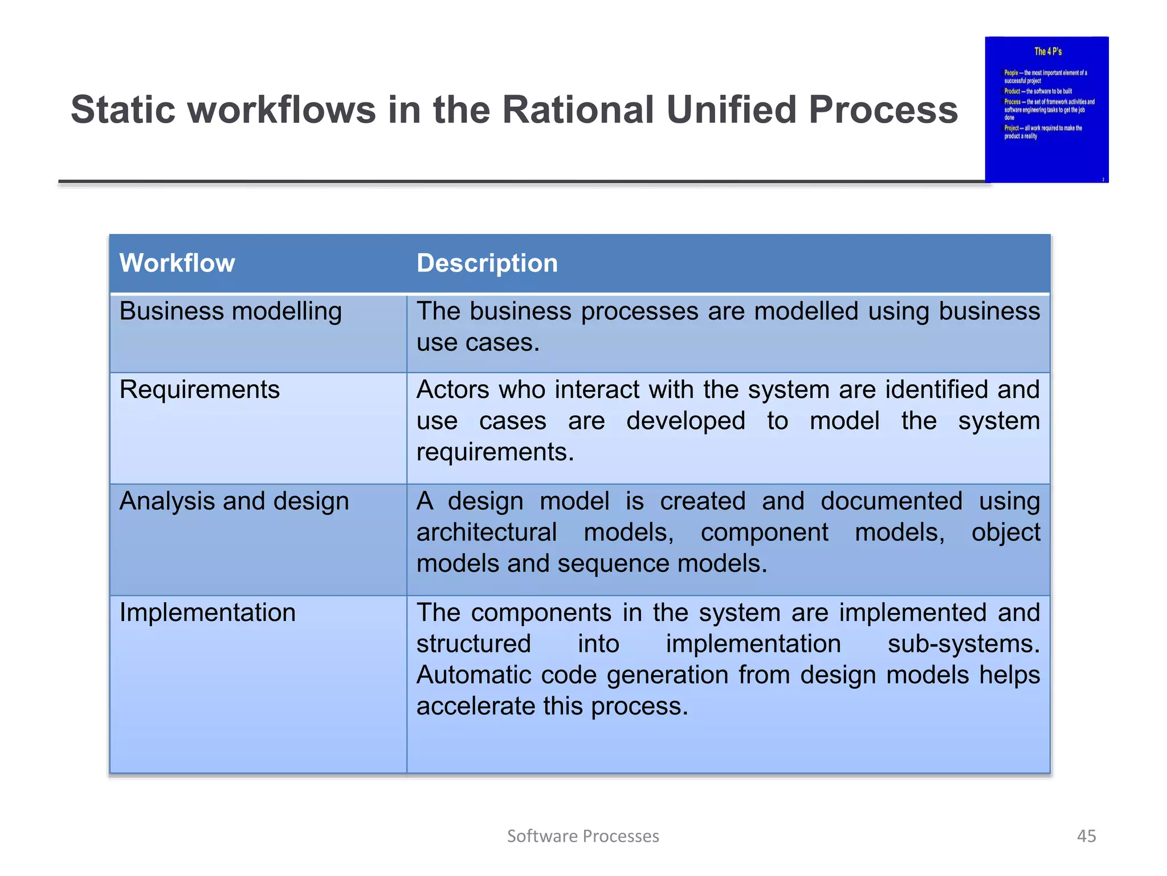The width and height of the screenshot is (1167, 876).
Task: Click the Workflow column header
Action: click(177, 263)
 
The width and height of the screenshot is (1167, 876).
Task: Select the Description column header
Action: click(487, 263)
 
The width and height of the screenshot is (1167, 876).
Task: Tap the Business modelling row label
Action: click(230, 312)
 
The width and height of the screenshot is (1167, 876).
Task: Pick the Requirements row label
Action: click(199, 390)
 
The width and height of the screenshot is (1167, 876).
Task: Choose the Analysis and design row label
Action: click(234, 502)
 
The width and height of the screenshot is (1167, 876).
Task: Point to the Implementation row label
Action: click(207, 613)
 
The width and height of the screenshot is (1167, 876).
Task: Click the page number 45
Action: click(1086, 836)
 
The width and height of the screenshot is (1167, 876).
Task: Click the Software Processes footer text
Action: click(583, 836)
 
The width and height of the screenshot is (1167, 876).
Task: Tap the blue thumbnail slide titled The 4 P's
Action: click(1046, 109)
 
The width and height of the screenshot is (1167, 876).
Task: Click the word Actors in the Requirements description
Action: click(452, 390)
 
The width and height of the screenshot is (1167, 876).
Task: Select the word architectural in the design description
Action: click(486, 533)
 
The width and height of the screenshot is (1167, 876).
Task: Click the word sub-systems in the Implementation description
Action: click(963, 644)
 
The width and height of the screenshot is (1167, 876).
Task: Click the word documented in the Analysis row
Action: click(891, 502)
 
